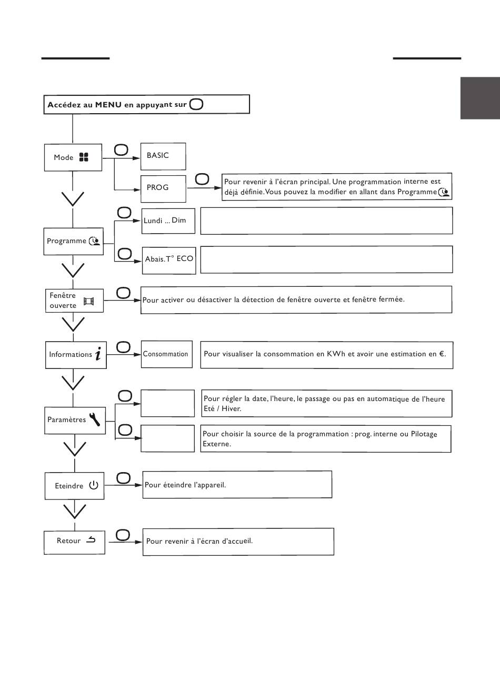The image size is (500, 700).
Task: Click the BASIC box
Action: (x=163, y=156)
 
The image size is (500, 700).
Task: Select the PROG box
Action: (x=164, y=189)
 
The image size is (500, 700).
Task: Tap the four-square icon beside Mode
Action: (x=84, y=157)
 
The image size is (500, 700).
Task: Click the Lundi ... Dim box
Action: (x=168, y=221)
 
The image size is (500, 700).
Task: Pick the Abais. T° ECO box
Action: (x=169, y=261)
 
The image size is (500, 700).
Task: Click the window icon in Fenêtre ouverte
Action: (x=89, y=301)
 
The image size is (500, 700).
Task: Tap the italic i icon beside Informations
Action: (x=98, y=354)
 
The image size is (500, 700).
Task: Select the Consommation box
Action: (x=166, y=354)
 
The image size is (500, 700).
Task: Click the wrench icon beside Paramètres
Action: (x=94, y=419)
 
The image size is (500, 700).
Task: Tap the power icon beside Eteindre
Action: (x=94, y=485)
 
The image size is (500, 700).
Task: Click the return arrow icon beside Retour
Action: (x=91, y=539)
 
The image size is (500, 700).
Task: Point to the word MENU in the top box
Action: (x=108, y=105)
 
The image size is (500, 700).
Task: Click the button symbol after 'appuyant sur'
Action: (x=196, y=104)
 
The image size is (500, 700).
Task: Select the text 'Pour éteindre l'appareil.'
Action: (x=185, y=485)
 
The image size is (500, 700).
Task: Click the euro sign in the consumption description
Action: (x=442, y=354)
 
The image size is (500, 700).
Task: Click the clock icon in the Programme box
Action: (x=94, y=241)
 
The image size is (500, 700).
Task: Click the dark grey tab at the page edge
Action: (x=481, y=98)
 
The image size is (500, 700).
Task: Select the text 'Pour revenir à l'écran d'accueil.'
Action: (x=199, y=541)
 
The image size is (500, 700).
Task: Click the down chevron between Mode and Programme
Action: (x=73, y=199)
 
